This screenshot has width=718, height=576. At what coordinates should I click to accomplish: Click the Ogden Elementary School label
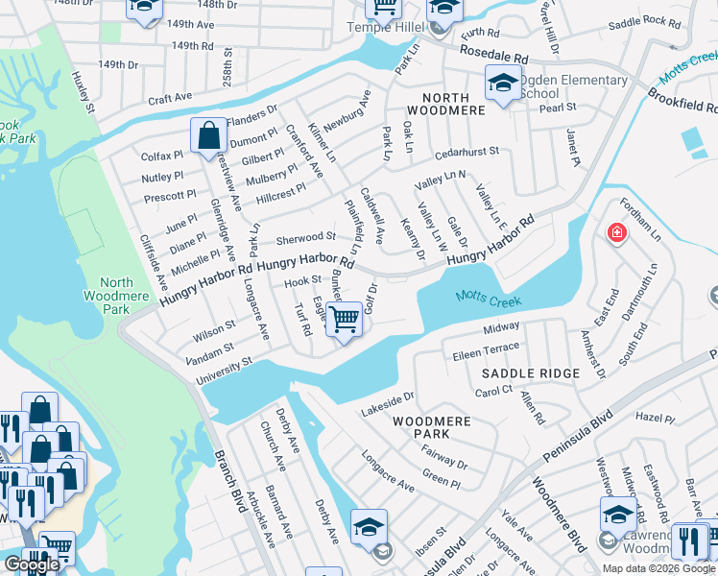(x=573, y=86)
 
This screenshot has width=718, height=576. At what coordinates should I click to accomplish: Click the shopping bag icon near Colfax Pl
(x=208, y=137)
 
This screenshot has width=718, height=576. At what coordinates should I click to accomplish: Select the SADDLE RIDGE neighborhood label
(x=530, y=373)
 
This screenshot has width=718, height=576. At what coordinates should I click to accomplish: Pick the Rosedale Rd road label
(x=493, y=59)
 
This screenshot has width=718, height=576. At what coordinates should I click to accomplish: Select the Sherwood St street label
(x=305, y=236)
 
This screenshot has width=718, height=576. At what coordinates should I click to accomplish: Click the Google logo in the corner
(x=33, y=564)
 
